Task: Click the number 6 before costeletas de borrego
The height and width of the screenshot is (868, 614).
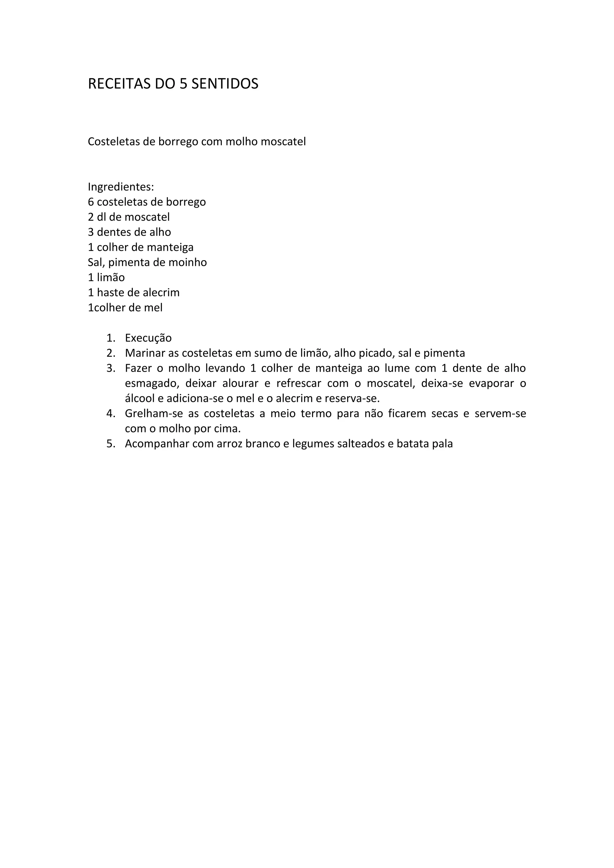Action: (x=91, y=202)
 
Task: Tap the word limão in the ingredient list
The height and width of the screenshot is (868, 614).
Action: (x=111, y=278)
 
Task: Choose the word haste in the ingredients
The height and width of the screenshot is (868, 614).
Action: (x=110, y=293)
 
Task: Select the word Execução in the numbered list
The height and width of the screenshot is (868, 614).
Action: (x=148, y=338)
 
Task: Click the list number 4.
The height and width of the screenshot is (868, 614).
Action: (x=110, y=414)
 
